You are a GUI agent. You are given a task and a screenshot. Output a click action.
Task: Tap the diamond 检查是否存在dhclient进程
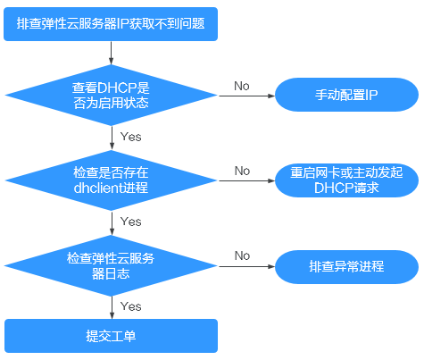click(111, 181)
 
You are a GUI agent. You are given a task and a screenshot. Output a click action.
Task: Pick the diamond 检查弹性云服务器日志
click(111, 265)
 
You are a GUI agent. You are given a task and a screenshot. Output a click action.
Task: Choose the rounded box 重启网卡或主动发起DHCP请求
click(347, 180)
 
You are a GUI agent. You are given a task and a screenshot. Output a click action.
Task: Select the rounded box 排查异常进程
click(347, 265)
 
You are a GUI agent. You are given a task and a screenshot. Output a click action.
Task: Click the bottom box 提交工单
click(111, 337)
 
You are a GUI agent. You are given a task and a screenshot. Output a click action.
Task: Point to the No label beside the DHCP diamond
click(242, 86)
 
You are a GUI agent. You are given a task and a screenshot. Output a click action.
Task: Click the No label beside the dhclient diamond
click(242, 171)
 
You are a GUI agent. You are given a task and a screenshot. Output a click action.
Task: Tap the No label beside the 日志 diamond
click(242, 255)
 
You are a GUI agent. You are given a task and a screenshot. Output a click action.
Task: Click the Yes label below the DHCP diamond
click(130, 137)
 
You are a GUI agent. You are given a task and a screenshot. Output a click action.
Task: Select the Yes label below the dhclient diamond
click(130, 221)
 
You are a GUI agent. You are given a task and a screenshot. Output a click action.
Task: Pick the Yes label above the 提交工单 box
click(130, 306)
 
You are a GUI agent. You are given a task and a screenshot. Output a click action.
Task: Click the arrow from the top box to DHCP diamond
click(111, 50)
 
